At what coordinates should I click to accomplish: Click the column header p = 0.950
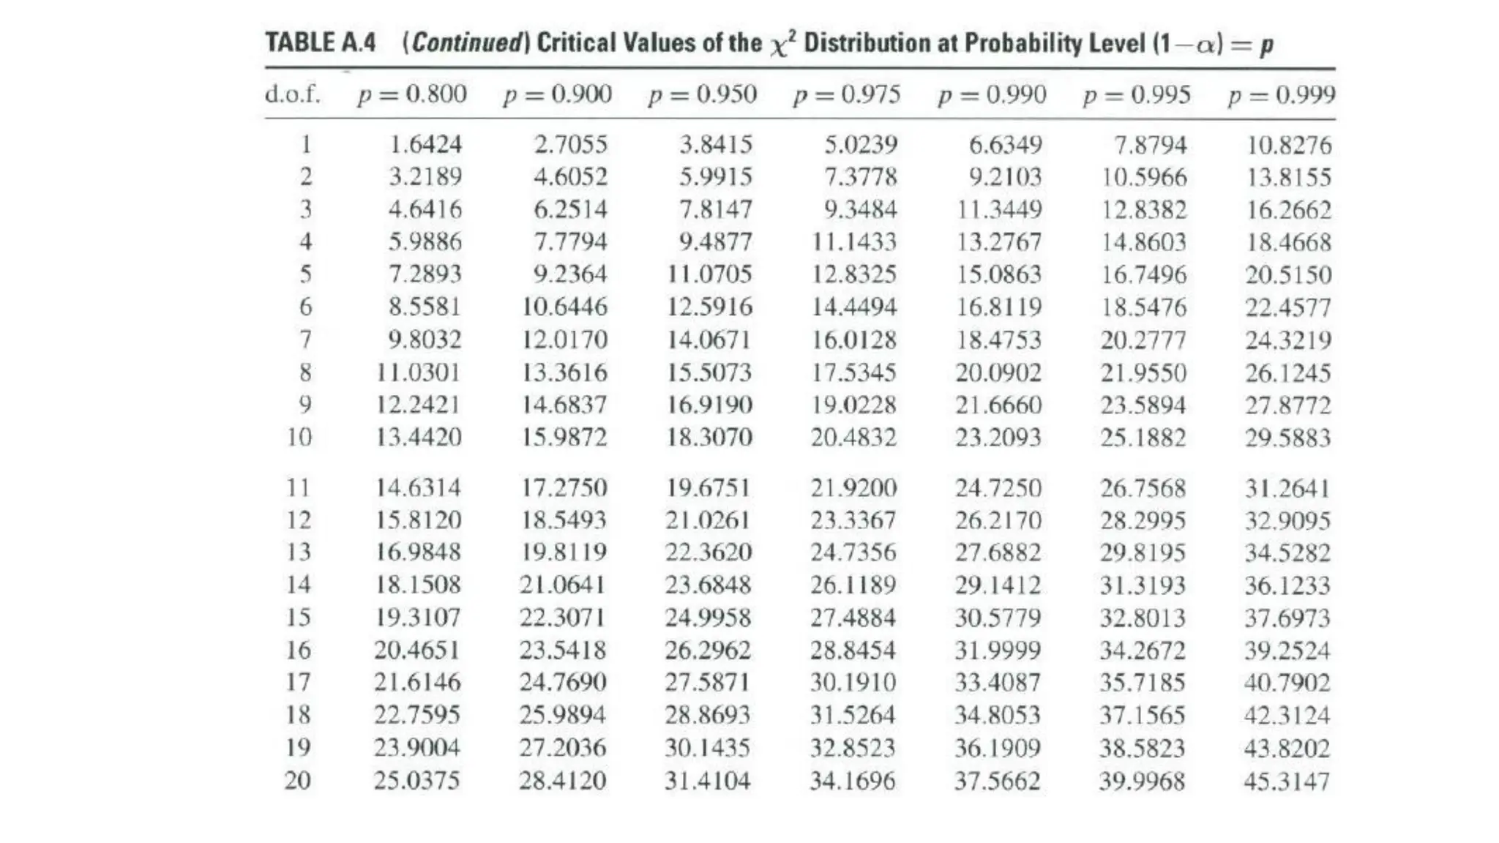[703, 94]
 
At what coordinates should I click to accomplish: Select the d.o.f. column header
[293, 94]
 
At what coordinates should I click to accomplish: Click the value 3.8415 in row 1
[716, 144]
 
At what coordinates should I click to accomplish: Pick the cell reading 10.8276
[1290, 145]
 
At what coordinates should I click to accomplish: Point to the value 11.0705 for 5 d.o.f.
[709, 274]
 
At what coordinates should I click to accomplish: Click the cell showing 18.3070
[709, 438]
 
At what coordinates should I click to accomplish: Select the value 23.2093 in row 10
[998, 438]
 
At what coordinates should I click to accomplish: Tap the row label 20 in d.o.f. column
[298, 781]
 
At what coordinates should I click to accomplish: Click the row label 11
[298, 487]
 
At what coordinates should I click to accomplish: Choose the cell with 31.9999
[998, 651]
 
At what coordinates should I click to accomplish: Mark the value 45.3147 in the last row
[1287, 782]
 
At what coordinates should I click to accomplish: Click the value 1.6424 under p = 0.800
[425, 144]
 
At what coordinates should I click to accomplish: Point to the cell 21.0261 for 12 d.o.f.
[708, 520]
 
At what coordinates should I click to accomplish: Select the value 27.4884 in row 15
[853, 618]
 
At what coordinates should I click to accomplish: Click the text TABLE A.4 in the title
[321, 42]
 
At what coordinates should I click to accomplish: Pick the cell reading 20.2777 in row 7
[1143, 340]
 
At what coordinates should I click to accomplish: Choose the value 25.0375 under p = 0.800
[417, 781]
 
